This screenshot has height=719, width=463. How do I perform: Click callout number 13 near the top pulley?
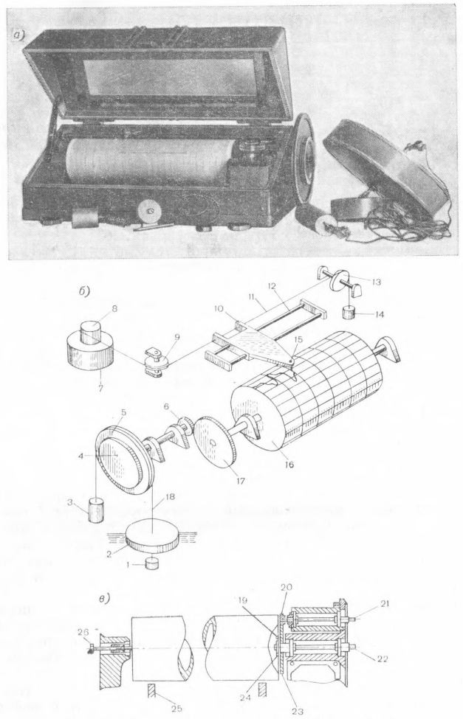377,282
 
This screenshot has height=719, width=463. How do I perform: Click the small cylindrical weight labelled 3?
95,509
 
